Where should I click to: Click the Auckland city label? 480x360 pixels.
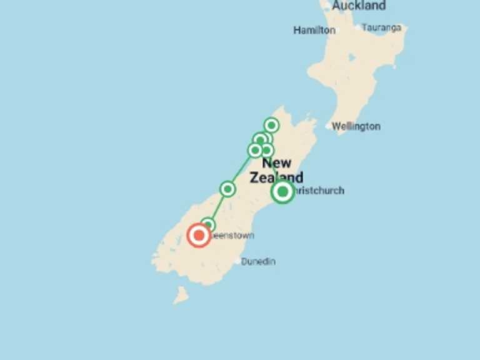pos(359,6)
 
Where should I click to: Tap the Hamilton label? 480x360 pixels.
pos(314,30)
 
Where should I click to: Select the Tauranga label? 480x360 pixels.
pos(381,27)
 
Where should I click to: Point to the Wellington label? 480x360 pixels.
pos(356,126)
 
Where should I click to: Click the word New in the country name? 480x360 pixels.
pos(276,163)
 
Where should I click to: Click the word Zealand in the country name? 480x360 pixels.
pos(276,177)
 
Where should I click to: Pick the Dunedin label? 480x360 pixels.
pos(258,261)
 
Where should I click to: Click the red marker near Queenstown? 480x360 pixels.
pos(199,235)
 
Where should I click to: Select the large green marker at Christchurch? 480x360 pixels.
pos(282,191)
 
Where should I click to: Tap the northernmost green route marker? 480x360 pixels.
pos(271,125)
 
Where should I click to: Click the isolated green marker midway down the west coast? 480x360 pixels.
pos(227,188)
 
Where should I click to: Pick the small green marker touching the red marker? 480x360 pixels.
pos(208,224)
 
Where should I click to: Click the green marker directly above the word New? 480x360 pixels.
pos(267,150)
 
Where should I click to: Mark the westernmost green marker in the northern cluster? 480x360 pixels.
pos(255,150)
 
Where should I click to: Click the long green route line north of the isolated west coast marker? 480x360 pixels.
pos(242,169)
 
